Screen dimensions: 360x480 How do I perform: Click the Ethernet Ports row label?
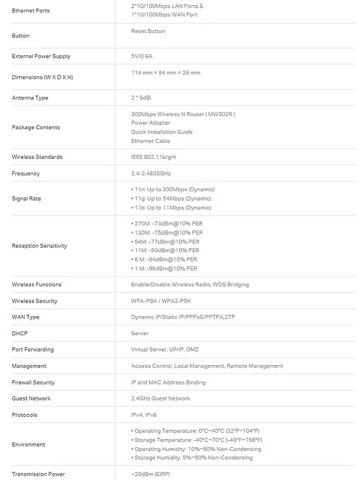tap(30, 11)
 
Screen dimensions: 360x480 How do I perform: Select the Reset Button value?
tap(148, 31)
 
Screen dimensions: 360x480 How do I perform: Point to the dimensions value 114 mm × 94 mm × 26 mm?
tap(165, 73)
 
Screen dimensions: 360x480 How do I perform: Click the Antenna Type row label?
tap(30, 98)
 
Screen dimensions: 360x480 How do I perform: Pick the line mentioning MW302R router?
tap(183, 114)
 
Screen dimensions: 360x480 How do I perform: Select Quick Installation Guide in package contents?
tap(161, 132)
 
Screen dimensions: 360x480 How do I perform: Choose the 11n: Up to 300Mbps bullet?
tap(173, 189)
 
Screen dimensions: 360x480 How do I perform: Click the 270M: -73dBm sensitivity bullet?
tap(166, 224)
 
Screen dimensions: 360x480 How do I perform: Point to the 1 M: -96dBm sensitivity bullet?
tap(164, 269)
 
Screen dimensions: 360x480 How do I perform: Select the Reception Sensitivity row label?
tap(39, 246)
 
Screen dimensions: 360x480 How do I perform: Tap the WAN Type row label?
tap(25, 317)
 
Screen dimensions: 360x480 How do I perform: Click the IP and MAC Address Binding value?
tap(168, 383)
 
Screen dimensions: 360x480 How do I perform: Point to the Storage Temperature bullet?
tap(195, 440)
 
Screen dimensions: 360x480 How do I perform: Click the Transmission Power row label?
tap(38, 474)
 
